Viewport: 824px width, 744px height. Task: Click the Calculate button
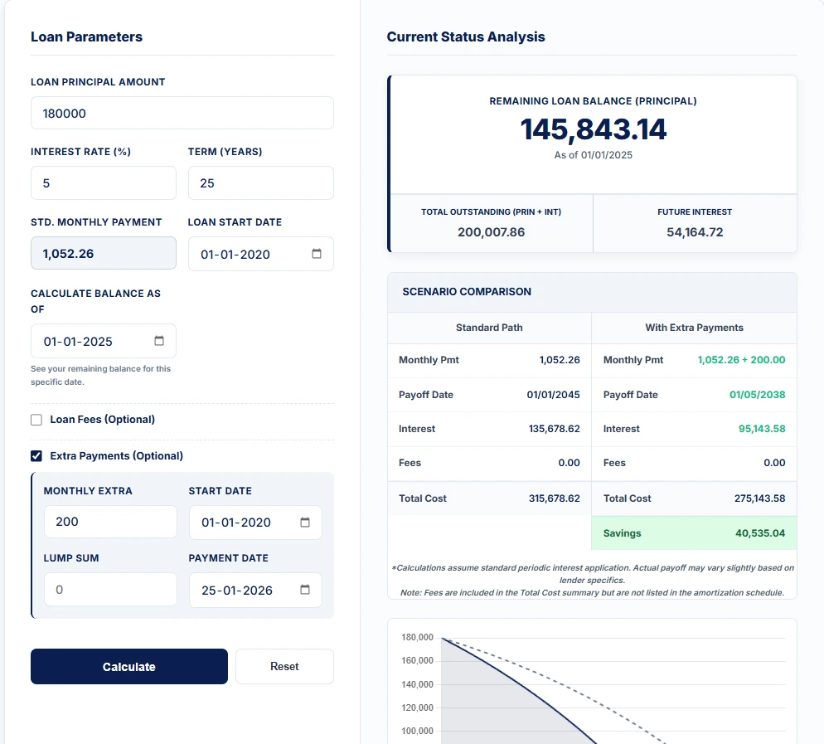pos(128,666)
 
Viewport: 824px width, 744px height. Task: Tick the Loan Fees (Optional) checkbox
pos(36,420)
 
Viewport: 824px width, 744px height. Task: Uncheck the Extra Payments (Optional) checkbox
pos(36,456)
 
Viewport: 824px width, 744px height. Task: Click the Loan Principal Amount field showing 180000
pos(182,113)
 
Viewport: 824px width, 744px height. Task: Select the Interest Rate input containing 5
pos(103,183)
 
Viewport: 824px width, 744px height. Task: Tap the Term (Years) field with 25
pos(260,183)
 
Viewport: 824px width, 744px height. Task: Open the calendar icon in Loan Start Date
pos(317,254)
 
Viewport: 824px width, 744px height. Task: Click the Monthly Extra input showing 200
pos(109,522)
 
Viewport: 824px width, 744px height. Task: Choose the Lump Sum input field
pos(109,590)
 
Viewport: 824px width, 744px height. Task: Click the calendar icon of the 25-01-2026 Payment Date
pos(305,590)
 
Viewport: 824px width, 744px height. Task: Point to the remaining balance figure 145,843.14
pos(593,129)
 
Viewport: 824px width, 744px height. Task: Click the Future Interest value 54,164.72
pos(695,232)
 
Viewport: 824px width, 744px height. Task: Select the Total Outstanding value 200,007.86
pos(491,232)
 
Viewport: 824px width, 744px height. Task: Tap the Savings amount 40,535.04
pos(759,533)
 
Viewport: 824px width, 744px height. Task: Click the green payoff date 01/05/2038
pos(757,395)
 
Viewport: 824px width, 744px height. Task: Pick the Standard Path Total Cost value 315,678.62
pos(554,498)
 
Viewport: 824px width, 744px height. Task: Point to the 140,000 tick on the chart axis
pos(416,684)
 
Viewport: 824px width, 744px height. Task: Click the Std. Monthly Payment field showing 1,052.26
pos(103,254)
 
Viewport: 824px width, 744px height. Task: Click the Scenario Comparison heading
pos(467,292)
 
